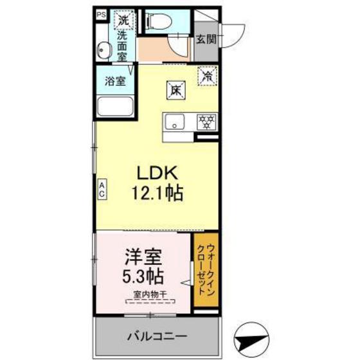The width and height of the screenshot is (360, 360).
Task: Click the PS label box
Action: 102,15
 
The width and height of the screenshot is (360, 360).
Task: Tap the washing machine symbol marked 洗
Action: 124,20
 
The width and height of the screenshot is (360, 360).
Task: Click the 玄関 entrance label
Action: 206,39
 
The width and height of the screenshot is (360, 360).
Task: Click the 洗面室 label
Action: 122,46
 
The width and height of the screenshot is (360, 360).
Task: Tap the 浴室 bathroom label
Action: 115,81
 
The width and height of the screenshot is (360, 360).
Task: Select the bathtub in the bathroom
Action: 115,107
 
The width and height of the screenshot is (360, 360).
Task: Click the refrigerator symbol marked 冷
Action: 208,76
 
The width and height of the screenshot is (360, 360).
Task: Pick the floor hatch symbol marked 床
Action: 176,91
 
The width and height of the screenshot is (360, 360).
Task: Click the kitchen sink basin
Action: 175,122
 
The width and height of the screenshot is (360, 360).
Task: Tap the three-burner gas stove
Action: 206,122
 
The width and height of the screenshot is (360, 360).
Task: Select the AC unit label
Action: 102,189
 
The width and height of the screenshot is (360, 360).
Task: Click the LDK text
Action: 157,173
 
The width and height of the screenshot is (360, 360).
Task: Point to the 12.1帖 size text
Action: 157,194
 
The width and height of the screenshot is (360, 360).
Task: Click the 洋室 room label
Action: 143,257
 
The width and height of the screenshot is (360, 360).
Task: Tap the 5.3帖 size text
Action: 143,276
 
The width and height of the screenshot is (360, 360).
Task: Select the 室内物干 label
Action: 150,294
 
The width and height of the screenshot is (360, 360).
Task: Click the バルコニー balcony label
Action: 157,337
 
